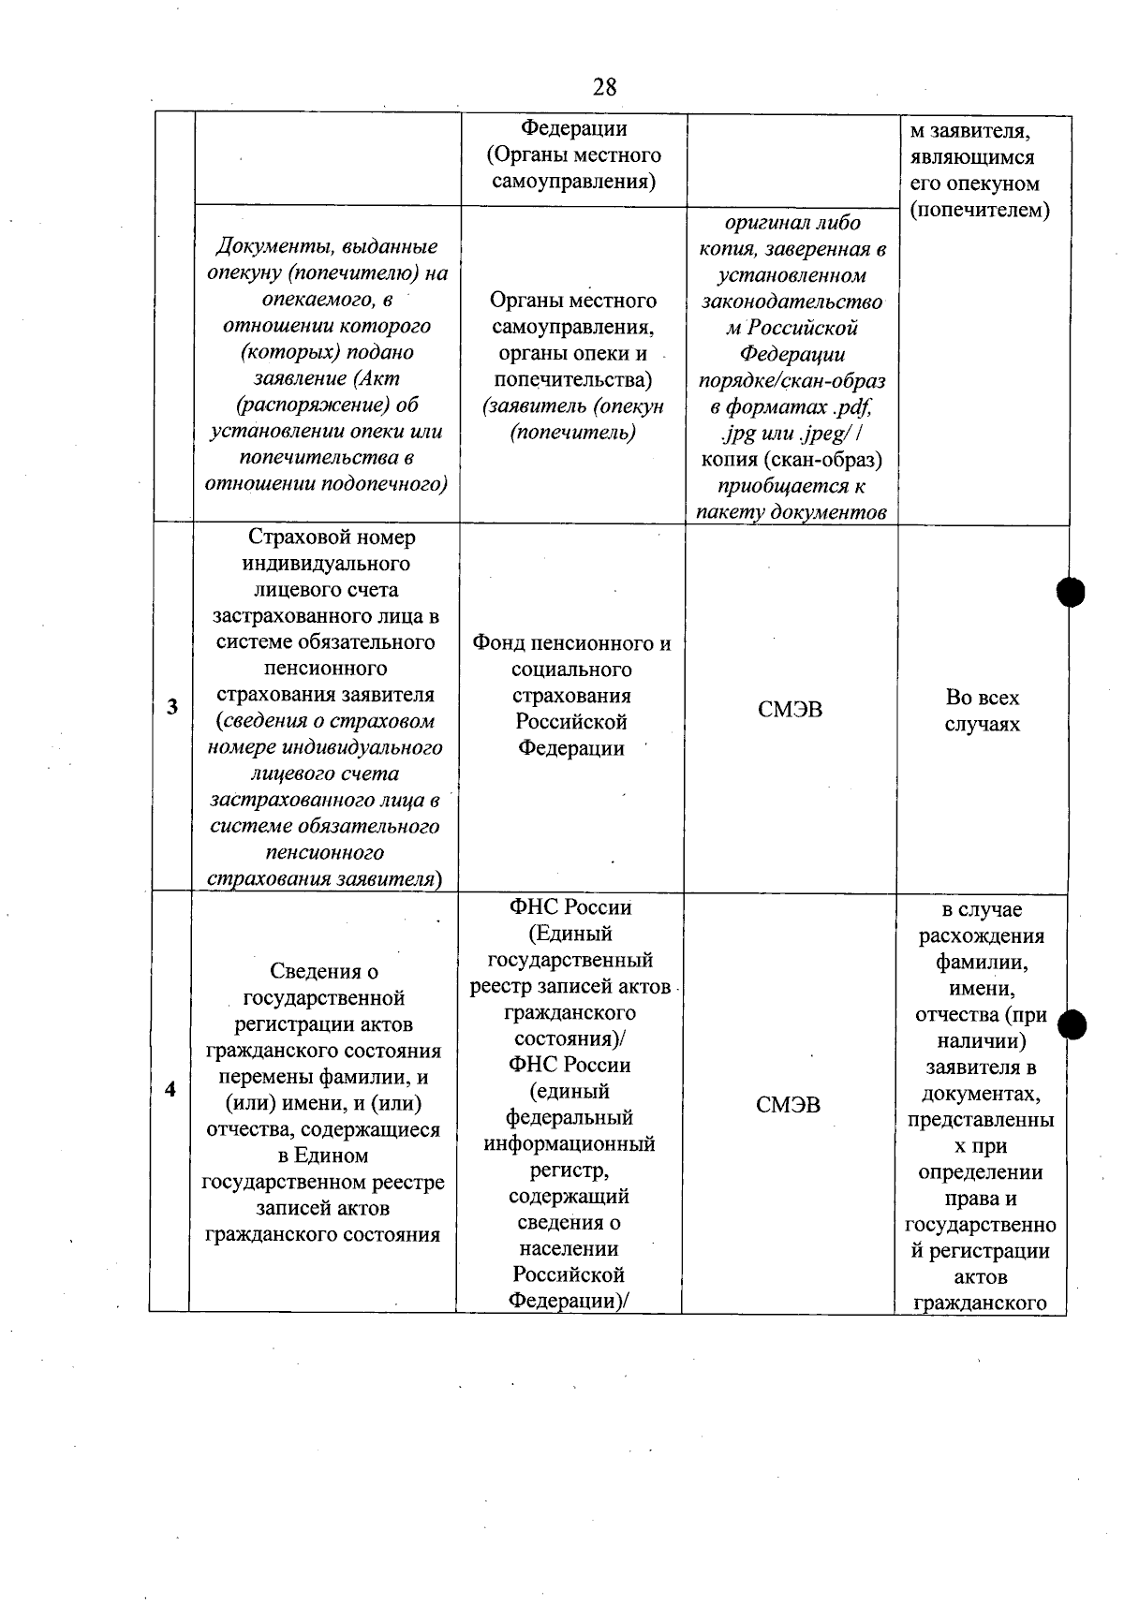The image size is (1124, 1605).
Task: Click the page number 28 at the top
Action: point(605,87)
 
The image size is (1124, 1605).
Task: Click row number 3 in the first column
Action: point(172,707)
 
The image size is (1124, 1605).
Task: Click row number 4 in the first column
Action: point(170,1089)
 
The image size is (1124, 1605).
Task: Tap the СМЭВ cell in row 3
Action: point(790,710)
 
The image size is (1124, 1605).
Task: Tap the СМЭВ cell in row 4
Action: point(788,1105)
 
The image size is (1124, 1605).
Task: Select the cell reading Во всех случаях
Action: point(982,711)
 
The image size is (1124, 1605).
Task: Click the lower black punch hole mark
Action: point(1072,1026)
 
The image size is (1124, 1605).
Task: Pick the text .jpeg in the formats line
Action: point(821,434)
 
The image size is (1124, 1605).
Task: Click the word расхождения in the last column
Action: point(981,936)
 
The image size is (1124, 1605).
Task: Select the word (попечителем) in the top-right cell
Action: point(979,210)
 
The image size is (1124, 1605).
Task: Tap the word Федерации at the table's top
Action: point(573,128)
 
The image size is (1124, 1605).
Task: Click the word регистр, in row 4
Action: point(569,1171)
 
